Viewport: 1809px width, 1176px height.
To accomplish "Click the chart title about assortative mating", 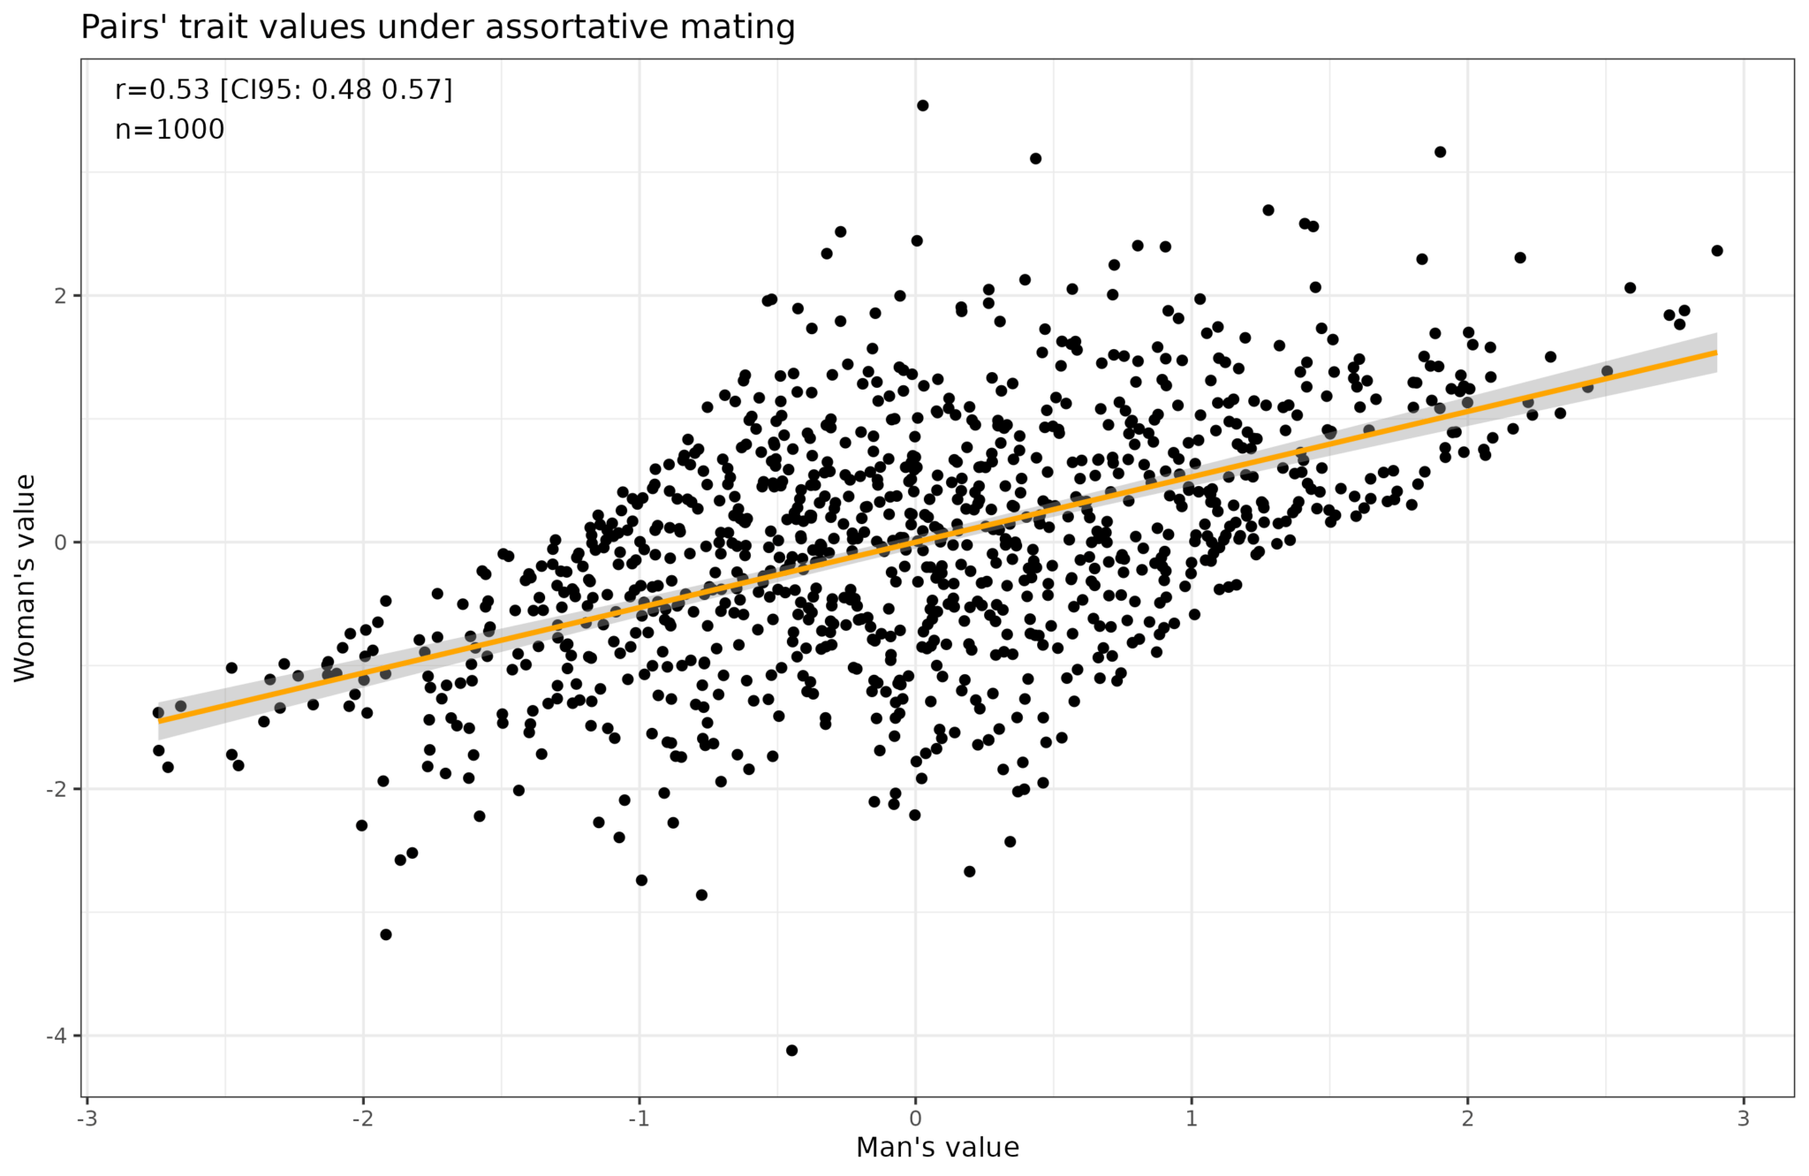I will pos(437,27).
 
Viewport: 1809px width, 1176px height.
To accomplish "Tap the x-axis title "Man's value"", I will pos(937,1147).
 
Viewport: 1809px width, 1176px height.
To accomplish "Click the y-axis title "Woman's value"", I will pos(25,578).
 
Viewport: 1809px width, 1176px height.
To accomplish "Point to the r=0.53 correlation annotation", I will pos(283,89).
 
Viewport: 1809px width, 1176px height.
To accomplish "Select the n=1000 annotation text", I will pos(170,130).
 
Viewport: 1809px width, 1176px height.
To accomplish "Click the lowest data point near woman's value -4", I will pos(791,1050).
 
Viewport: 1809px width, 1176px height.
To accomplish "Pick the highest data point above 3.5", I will pos(922,105).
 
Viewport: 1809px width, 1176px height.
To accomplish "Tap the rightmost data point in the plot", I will pos(1717,251).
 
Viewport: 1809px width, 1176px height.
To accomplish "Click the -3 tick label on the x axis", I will pos(87,1119).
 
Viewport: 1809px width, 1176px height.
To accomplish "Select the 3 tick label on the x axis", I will pos(1743,1119).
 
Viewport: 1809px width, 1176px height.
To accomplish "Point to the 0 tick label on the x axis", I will pos(914,1119).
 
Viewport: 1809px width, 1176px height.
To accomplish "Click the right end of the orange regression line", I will pos(1715,353).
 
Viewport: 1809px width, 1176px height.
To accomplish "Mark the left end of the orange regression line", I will pos(160,721).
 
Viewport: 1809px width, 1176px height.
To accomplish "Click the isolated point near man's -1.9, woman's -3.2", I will pos(385,934).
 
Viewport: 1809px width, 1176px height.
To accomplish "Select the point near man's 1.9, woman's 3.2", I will pos(1440,152).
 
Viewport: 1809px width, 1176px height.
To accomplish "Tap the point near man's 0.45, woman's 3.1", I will pos(1035,159).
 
